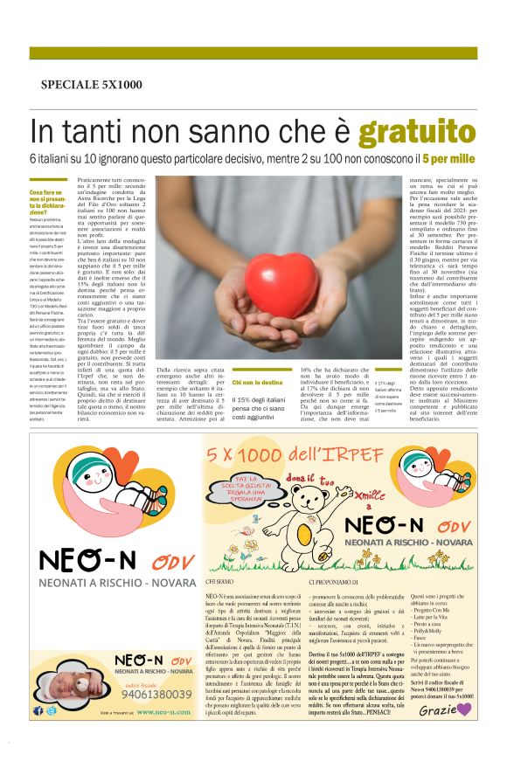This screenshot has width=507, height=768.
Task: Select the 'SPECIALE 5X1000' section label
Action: point(91,84)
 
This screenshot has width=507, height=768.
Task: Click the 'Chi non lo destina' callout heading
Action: point(258,382)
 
